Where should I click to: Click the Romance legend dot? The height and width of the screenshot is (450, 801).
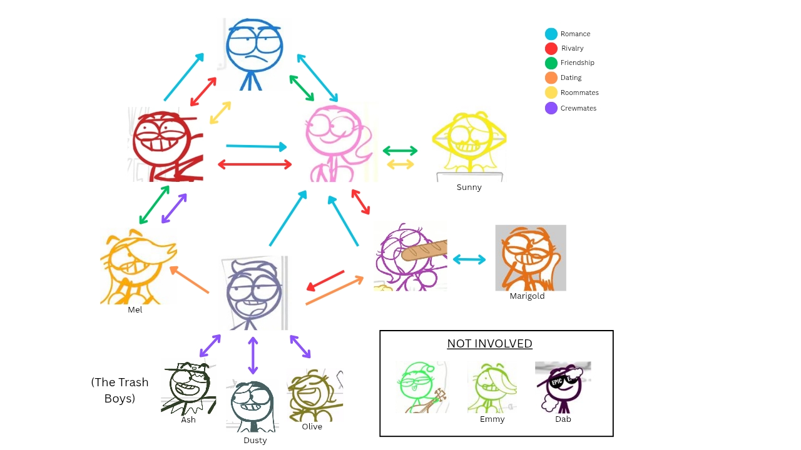[x=551, y=34]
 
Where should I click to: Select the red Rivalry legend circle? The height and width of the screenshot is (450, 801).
[x=551, y=48]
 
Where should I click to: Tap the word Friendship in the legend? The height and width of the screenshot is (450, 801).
[x=577, y=62]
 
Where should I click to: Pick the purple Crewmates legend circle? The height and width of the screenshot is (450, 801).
[x=551, y=108]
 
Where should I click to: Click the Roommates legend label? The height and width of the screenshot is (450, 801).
[x=579, y=92]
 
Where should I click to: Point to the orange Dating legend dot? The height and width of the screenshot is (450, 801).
[x=551, y=77]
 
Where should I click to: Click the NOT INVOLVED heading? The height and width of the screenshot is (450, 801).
[x=489, y=344]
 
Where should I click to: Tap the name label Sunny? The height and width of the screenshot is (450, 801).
[x=469, y=187]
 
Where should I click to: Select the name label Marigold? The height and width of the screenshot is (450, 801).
[x=527, y=296]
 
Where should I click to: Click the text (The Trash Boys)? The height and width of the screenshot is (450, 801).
[x=120, y=390]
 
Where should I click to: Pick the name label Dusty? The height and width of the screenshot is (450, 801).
[x=255, y=440]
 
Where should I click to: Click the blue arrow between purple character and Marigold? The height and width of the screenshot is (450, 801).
[x=469, y=259]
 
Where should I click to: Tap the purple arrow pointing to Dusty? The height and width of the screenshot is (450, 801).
[x=252, y=356]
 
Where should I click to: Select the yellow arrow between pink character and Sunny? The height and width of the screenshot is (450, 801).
[x=400, y=164]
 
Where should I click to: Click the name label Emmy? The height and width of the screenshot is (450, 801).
[x=492, y=419]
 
